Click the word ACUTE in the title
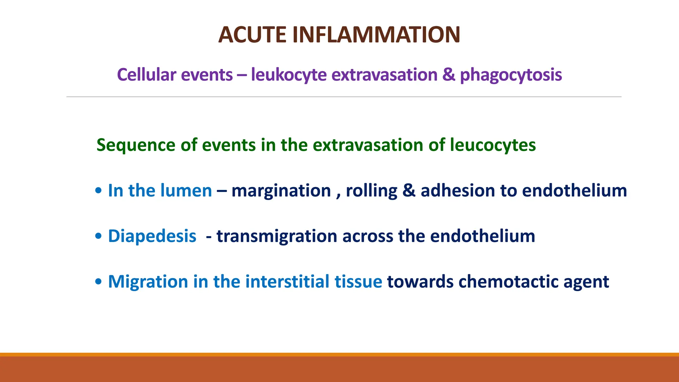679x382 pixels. click(252, 35)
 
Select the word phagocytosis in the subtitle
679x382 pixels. click(511, 75)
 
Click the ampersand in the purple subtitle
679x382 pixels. click(449, 75)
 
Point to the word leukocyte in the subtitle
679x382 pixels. click(289, 75)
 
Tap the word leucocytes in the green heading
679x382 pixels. click(493, 145)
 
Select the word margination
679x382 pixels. click(281, 191)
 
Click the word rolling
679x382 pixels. click(371, 191)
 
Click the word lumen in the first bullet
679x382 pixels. click(186, 191)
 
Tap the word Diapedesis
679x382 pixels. click(152, 236)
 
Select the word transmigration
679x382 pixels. click(277, 236)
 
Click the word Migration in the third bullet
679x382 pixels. click(148, 282)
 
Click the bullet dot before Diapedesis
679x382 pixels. click(98, 236)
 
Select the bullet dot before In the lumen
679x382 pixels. click(98, 191)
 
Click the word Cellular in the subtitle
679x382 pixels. click(147, 75)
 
